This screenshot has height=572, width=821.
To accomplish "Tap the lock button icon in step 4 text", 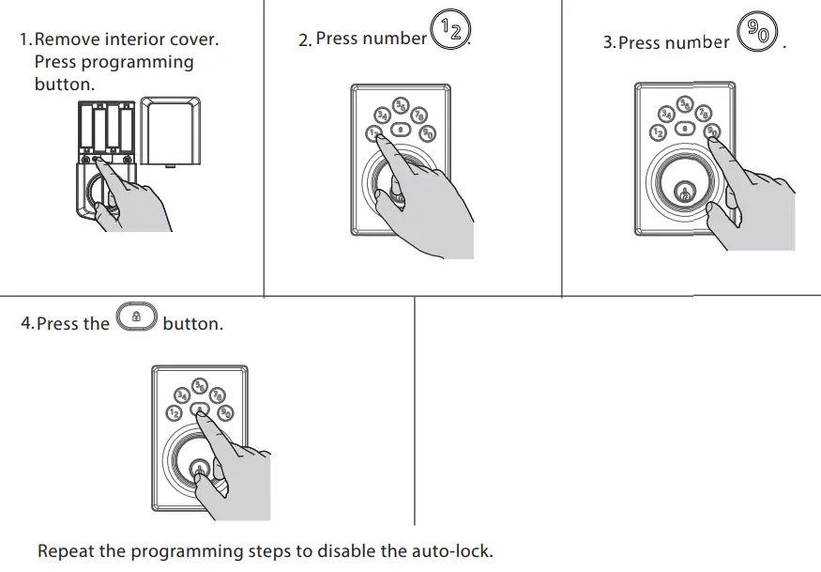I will point(136,318).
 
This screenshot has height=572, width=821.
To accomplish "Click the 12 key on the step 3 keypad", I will point(659,132).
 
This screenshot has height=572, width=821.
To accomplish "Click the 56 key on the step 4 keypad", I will point(199,385).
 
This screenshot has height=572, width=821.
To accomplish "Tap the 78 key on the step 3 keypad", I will point(703,114).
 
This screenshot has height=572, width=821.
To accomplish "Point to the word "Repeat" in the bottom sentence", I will point(67,551).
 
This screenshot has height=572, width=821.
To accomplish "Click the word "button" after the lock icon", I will point(191,324).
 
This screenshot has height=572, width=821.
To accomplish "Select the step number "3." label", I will point(609,43).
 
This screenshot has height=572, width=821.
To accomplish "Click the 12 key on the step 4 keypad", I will point(174,413).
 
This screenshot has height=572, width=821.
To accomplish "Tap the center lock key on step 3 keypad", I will point(686,127).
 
